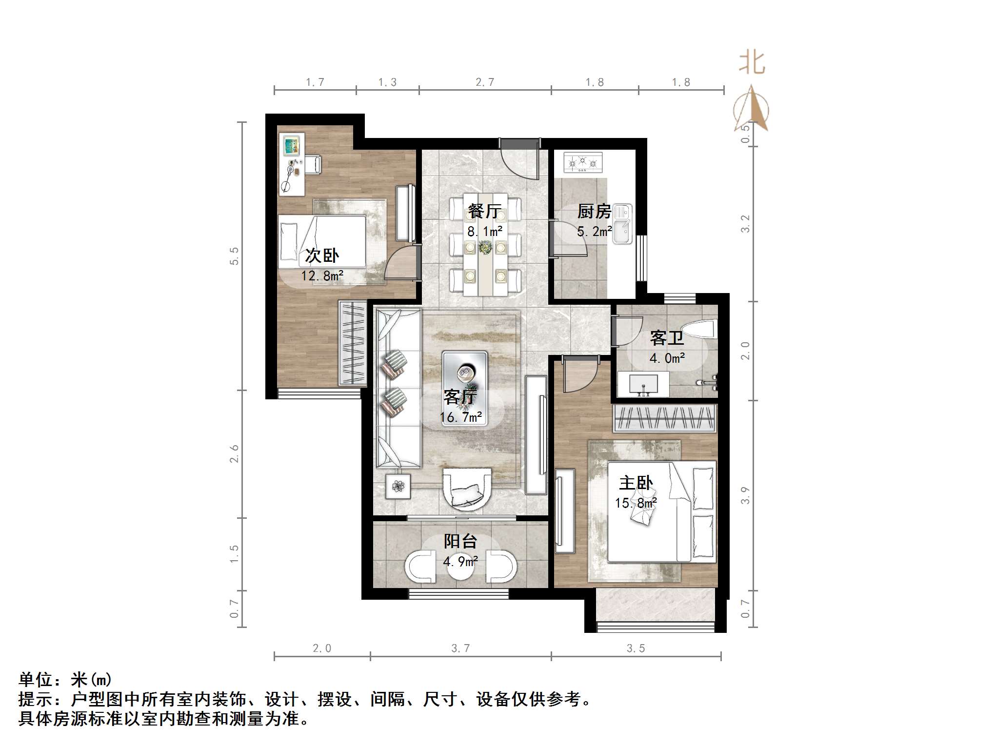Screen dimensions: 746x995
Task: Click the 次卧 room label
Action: point(322,255)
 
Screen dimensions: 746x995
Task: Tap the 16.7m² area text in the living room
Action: point(460,417)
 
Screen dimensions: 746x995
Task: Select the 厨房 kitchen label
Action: point(594,211)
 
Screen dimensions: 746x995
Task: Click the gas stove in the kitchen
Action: point(583,162)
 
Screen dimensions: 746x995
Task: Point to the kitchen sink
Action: point(622,224)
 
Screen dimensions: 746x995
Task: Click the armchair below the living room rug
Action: point(467,489)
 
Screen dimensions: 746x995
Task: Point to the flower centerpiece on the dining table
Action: point(485,248)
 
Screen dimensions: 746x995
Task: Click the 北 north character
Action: point(752,63)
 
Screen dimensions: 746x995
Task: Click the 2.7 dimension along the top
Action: point(485,82)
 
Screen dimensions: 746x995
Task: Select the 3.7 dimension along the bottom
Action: point(460,648)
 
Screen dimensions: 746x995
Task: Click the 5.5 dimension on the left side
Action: point(234,256)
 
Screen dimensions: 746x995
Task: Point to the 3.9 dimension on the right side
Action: point(745,495)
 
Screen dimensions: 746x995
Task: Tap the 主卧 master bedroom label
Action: point(636,483)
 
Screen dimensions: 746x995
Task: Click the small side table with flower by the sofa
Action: point(398,486)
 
